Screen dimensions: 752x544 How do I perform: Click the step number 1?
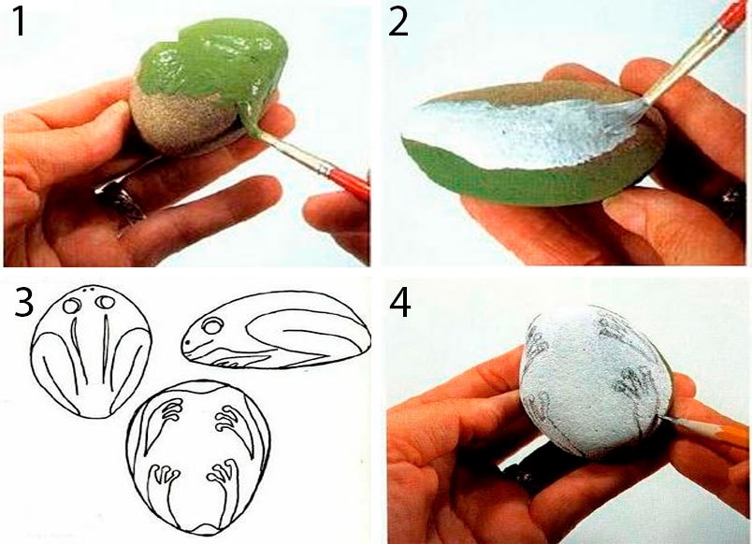[20, 21]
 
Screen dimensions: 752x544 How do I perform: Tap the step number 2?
[398, 21]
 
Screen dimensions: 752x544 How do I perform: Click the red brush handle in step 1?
[349, 181]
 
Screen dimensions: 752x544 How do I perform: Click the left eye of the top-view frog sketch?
[72, 305]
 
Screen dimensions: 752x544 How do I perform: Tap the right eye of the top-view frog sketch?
[105, 303]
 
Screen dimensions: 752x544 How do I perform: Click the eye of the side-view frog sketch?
[210, 327]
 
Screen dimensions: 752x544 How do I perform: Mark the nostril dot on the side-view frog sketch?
[189, 343]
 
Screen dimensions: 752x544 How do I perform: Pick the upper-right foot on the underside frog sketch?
[226, 417]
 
